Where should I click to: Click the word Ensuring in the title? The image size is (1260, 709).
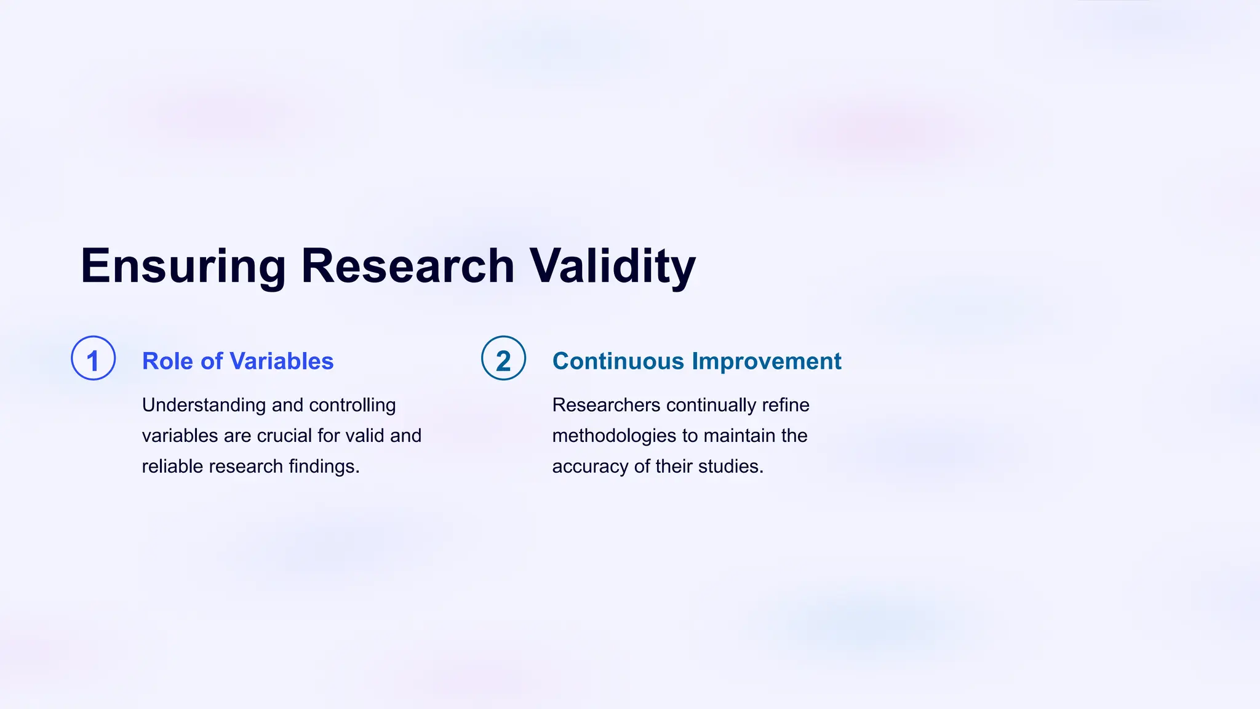(x=183, y=266)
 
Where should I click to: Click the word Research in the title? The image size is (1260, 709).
(x=407, y=266)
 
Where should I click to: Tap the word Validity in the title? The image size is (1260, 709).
(x=613, y=266)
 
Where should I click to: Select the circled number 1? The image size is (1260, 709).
(x=94, y=358)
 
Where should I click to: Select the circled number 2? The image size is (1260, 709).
(x=503, y=358)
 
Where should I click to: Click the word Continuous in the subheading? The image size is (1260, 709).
(x=618, y=361)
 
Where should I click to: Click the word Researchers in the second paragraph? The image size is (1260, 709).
(x=606, y=405)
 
